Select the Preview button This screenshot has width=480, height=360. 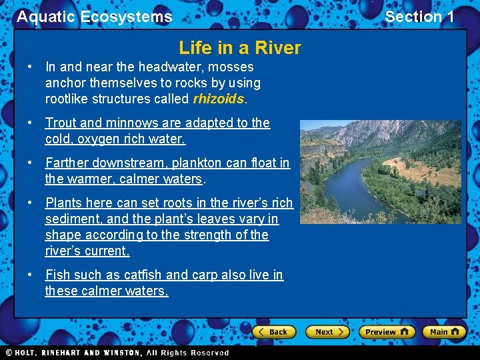click(x=387, y=331)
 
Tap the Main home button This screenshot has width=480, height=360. click(x=443, y=331)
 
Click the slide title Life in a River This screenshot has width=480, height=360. click(x=240, y=48)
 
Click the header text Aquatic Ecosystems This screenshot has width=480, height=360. click(x=94, y=17)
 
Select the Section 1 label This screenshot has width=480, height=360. click(x=419, y=17)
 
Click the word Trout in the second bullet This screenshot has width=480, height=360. click(x=61, y=123)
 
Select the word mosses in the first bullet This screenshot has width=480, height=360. click(x=231, y=67)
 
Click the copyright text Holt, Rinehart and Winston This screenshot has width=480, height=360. click(x=117, y=353)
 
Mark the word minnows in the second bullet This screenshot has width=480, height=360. click(x=130, y=123)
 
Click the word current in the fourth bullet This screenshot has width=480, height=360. click(x=108, y=251)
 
